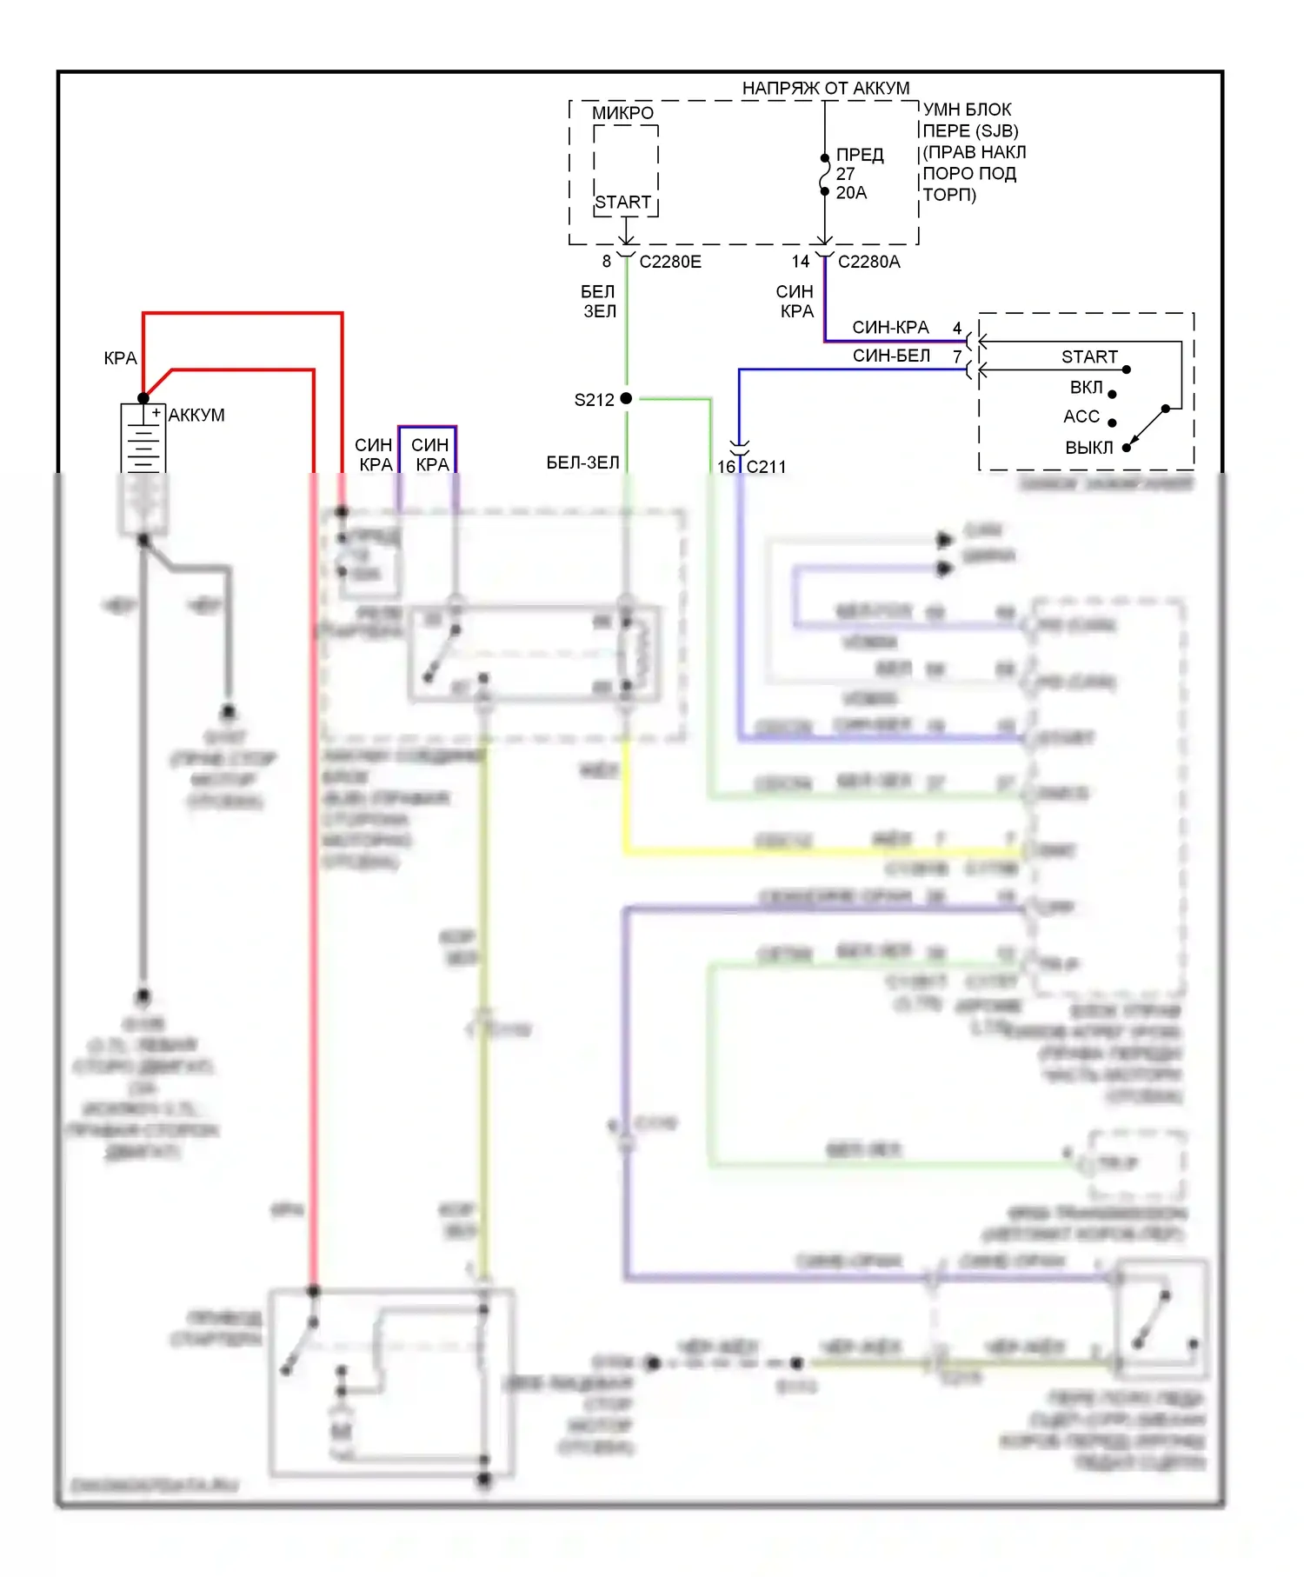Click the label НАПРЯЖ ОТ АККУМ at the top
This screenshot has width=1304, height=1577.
click(825, 89)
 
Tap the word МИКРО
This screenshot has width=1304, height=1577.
click(622, 113)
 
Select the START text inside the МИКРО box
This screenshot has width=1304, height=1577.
click(623, 203)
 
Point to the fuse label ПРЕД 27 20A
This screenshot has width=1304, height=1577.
click(859, 174)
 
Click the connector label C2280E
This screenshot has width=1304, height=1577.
click(670, 262)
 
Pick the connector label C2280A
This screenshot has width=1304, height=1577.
click(868, 262)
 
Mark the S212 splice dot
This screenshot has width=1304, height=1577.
click(626, 398)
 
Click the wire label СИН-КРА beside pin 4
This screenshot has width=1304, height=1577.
click(890, 328)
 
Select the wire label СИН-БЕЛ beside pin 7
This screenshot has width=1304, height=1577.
click(891, 356)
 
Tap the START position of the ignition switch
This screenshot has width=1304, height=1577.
click(1089, 357)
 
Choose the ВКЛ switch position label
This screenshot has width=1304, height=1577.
click(1086, 388)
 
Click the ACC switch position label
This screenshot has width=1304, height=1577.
click(1081, 417)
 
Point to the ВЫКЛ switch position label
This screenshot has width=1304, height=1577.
click(1088, 448)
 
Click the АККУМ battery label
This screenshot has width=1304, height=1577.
click(196, 416)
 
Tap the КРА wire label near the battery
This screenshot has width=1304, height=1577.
click(120, 358)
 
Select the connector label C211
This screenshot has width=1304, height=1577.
click(766, 467)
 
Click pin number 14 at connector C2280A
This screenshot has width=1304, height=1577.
click(801, 262)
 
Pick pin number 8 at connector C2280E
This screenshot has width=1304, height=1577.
click(607, 262)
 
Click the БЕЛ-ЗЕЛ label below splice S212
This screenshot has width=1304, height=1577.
click(582, 462)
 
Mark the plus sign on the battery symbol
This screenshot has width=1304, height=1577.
click(156, 412)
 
